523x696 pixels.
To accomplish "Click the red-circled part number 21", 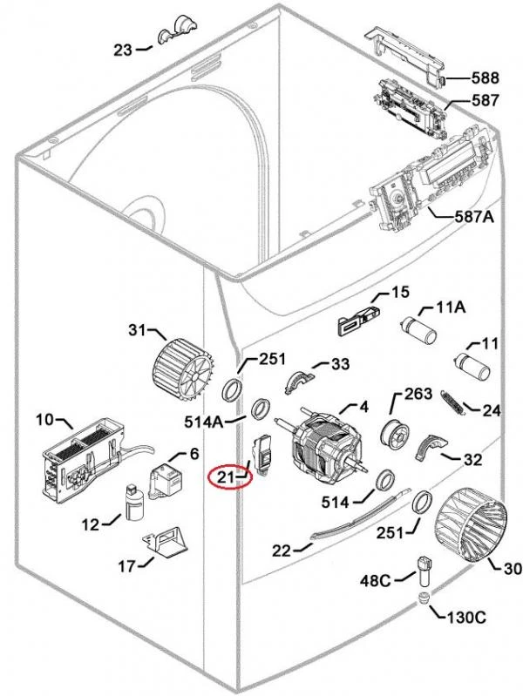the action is tap(226, 477).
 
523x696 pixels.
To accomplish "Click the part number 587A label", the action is tap(474, 217).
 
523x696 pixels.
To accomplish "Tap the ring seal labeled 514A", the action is tap(261, 409).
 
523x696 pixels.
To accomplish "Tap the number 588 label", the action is tap(485, 78).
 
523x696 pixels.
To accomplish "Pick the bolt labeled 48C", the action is tap(425, 571).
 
